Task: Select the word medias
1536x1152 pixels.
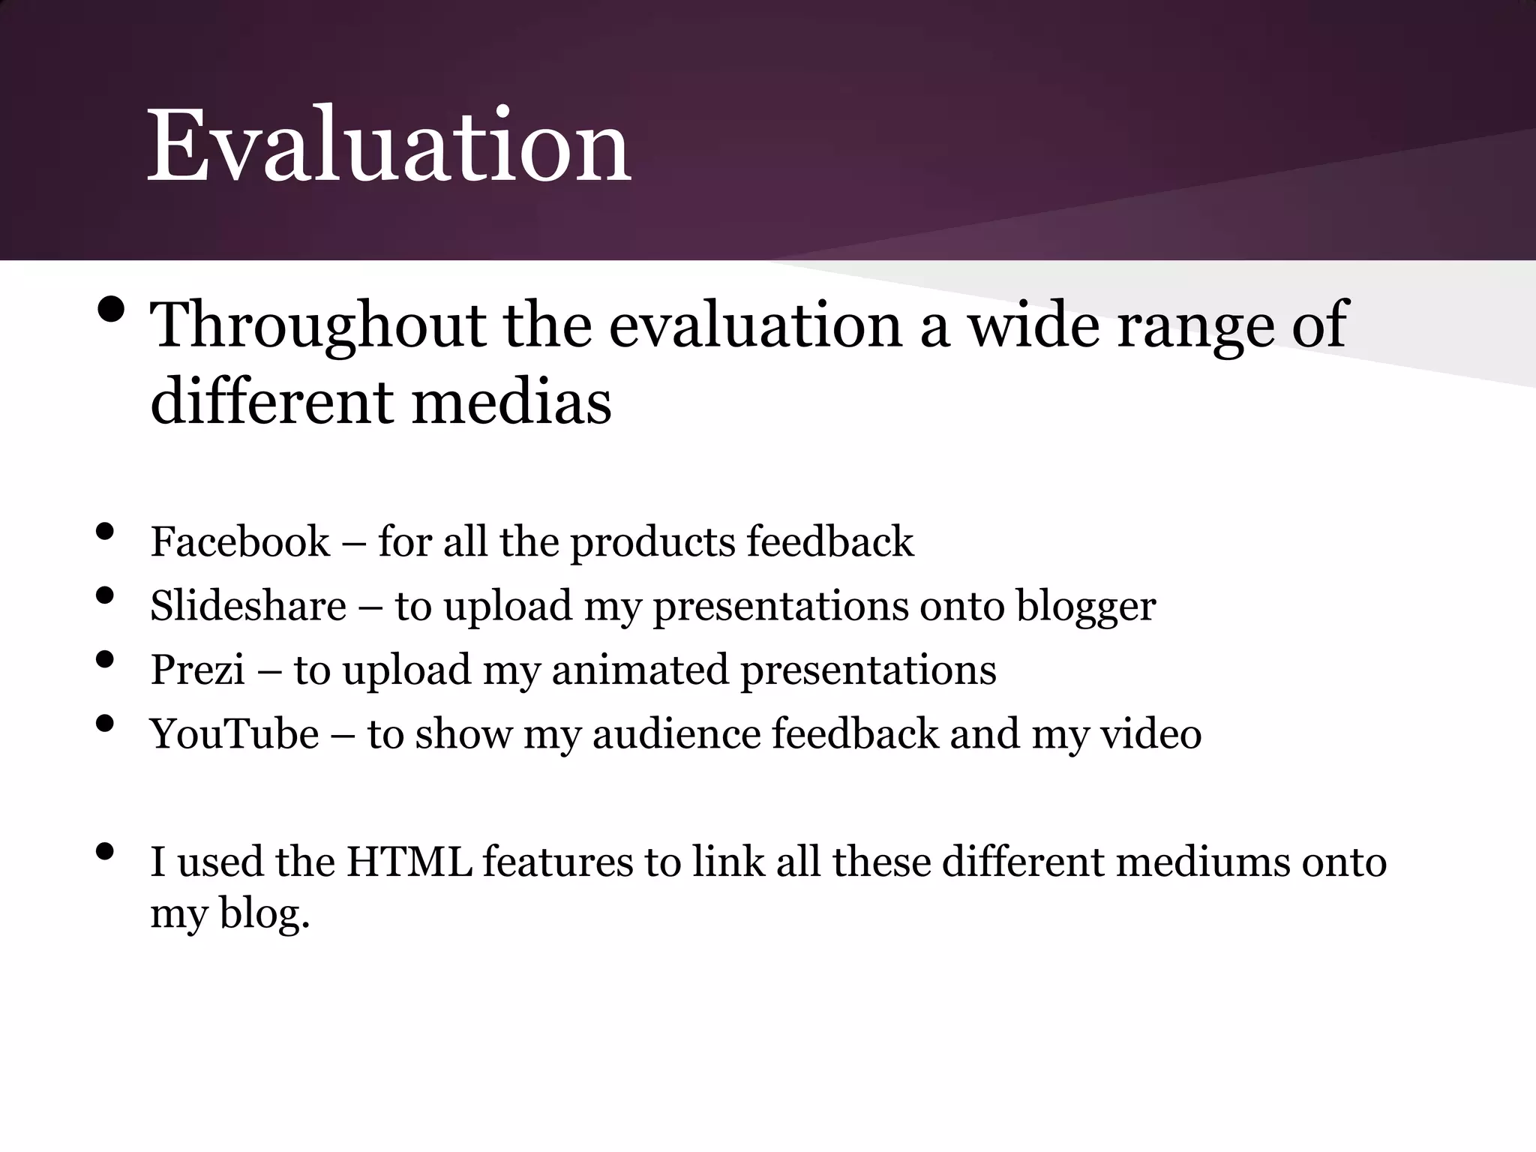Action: click(511, 402)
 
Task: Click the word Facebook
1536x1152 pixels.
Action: click(240, 541)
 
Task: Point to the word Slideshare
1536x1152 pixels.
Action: click(248, 606)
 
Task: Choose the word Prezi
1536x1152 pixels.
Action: click(197, 670)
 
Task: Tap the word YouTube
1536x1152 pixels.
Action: click(235, 733)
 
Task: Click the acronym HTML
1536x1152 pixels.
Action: click(409, 862)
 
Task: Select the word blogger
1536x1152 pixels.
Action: click(1085, 606)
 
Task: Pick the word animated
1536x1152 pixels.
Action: click(640, 670)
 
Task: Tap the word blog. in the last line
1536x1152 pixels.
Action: click(264, 913)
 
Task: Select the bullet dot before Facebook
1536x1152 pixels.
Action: click(105, 532)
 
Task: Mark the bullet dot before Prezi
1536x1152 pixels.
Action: click(105, 659)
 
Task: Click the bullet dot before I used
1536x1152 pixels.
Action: click(105, 851)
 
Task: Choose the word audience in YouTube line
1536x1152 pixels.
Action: click(676, 733)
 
